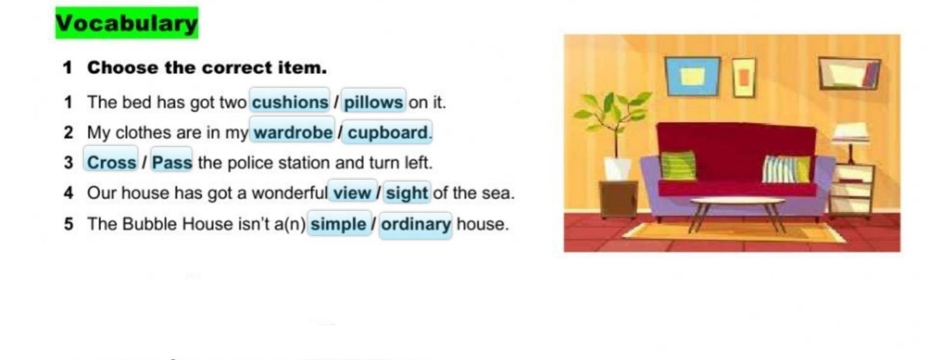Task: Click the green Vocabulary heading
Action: (127, 23)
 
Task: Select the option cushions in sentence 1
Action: (290, 101)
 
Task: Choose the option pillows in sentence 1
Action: (373, 102)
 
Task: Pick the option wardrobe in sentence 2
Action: (293, 132)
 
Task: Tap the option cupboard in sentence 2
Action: (387, 133)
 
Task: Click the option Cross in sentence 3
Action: (111, 162)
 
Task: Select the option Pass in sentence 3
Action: (172, 162)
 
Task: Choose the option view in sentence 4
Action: (352, 192)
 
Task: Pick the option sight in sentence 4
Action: (407, 193)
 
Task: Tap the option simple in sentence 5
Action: (339, 224)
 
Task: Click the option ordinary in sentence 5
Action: (415, 225)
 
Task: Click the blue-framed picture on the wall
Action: (692, 76)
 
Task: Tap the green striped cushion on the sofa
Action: (678, 165)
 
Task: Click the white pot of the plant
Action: (616, 168)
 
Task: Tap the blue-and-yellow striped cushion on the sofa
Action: (787, 169)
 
